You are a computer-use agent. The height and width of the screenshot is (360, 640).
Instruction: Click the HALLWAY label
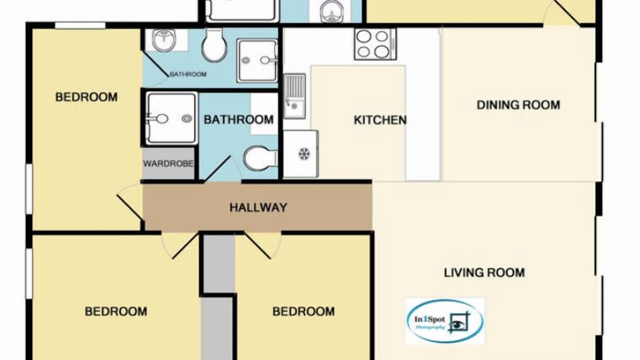point(258,207)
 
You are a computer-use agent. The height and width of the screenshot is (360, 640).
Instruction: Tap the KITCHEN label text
point(380,120)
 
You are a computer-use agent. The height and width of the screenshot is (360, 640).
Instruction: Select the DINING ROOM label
point(518,105)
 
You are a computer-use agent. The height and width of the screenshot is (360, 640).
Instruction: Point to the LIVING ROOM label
point(484,272)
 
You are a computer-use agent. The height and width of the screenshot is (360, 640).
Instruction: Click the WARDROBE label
point(168,163)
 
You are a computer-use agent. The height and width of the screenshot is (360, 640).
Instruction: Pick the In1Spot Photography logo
point(444,321)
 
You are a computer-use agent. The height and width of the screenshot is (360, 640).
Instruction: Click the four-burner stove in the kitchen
point(375,44)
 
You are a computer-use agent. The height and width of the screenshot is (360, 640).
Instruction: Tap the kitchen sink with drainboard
point(294,96)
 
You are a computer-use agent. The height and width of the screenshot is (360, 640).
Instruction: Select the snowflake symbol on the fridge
point(304,154)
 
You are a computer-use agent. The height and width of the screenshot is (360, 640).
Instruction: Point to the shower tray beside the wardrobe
point(171,118)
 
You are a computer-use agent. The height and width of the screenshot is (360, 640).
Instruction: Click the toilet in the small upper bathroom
point(214,44)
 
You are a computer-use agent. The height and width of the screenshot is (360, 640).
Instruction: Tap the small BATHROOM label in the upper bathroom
point(188,74)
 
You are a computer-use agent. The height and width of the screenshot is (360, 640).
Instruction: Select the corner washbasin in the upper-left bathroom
point(164,40)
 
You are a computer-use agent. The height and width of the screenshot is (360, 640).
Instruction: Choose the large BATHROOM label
point(238,119)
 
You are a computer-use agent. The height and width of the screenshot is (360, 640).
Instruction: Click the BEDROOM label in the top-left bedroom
point(86,97)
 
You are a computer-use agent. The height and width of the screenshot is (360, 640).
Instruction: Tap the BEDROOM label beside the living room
point(303,311)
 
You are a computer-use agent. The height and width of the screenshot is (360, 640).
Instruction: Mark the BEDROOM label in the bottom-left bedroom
point(116,311)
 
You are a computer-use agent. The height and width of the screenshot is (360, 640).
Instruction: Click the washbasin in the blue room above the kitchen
point(331,11)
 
